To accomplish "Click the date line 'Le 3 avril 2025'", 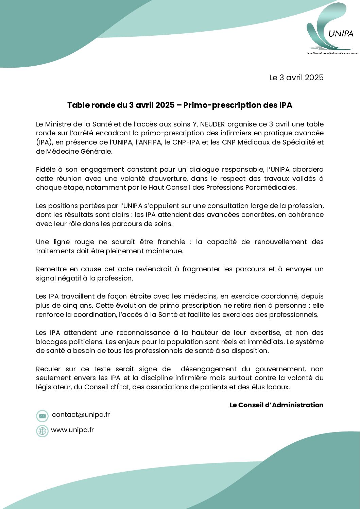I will [x=296, y=78].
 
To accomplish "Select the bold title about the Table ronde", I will [x=179, y=105].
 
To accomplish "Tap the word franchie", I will [x=171, y=242].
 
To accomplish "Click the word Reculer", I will [x=48, y=369].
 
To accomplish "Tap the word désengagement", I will [x=208, y=369].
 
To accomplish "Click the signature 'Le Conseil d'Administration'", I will [x=276, y=405].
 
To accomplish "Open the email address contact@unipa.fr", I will [x=81, y=414].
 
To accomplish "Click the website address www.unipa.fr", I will [x=72, y=430].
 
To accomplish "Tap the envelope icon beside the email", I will [x=42, y=416].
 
